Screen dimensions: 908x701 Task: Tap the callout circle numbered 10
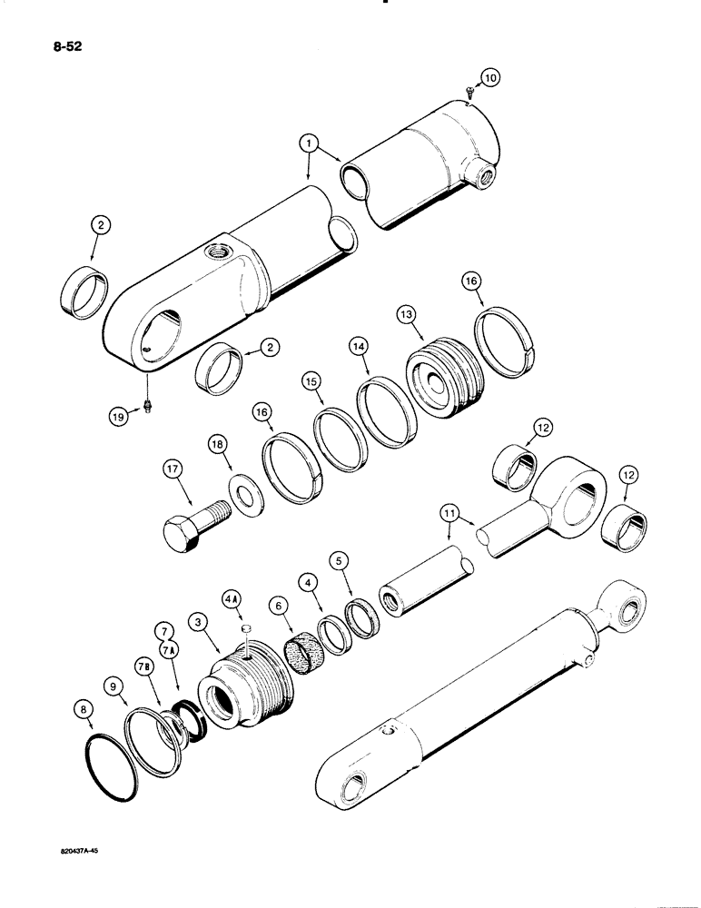point(489,78)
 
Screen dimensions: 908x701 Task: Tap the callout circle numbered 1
point(310,143)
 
